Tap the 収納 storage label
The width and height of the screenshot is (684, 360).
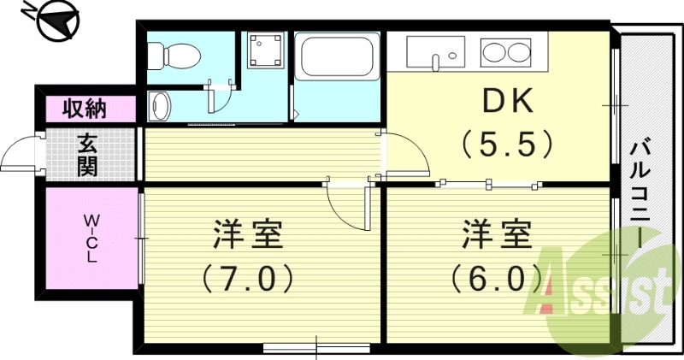[x=85, y=109]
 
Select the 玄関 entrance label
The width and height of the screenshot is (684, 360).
[x=85, y=154]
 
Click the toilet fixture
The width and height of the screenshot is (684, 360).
[x=174, y=56]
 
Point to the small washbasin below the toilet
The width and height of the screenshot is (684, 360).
[x=160, y=107]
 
